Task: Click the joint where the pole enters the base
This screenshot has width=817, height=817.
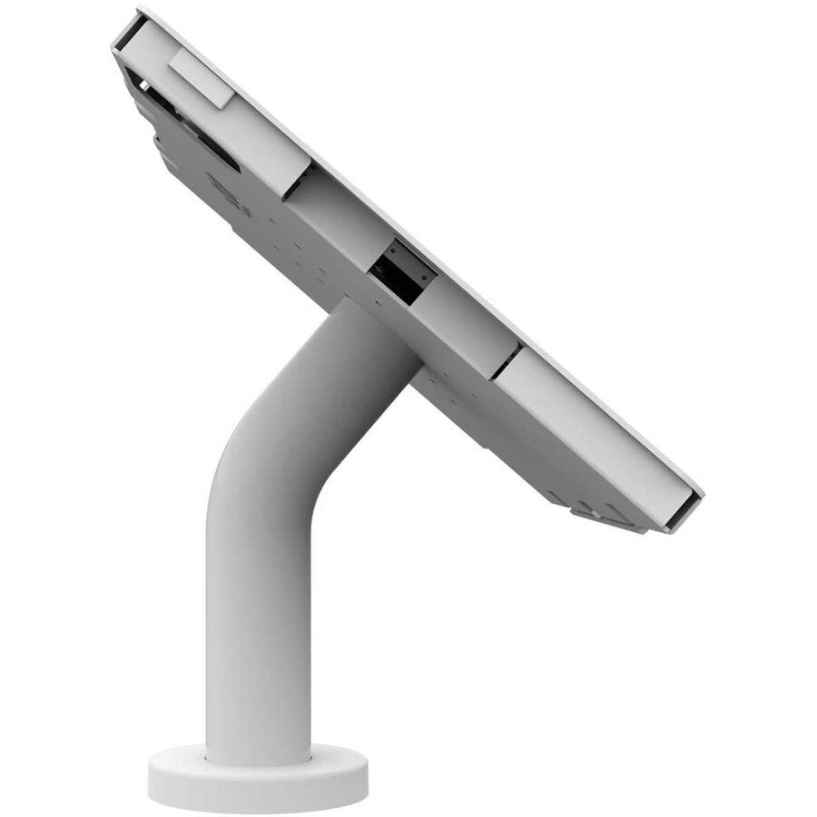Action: [259, 756]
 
